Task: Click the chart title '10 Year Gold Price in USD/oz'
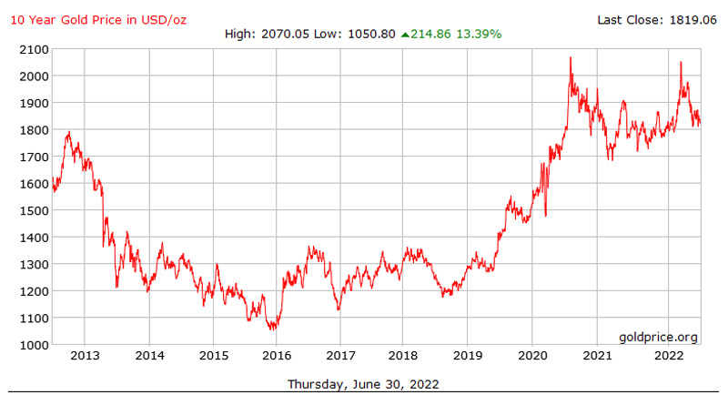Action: click(98, 19)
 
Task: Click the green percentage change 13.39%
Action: click(479, 35)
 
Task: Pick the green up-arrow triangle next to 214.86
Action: click(406, 35)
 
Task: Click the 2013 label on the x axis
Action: click(85, 356)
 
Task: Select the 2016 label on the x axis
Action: click(277, 356)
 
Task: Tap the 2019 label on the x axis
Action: click(468, 356)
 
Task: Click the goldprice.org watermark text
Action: click(658, 337)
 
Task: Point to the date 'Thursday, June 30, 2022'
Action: click(363, 384)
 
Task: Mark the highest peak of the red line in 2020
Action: click(571, 57)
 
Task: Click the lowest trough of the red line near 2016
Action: click(273, 329)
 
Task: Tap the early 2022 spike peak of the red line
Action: click(680, 62)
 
